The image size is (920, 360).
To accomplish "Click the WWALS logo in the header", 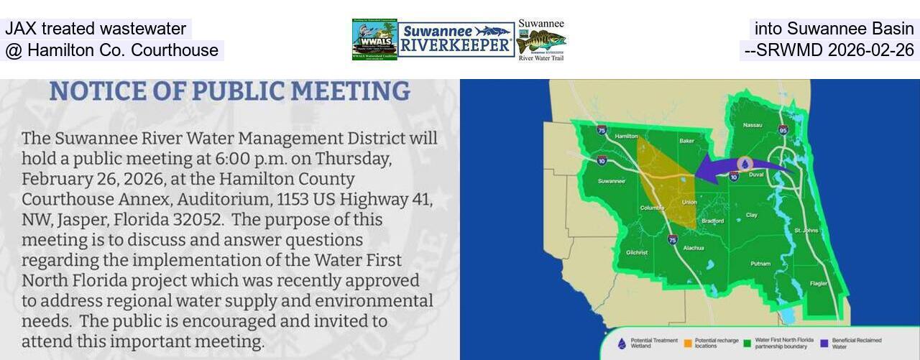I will click(x=374, y=40).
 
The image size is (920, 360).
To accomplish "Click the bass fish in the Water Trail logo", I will click(x=540, y=40).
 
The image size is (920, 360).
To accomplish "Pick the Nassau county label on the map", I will click(x=753, y=125).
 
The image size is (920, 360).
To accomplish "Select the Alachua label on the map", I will click(x=694, y=248).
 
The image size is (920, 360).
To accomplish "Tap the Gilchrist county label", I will click(x=637, y=252).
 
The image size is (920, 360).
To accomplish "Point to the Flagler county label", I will click(x=818, y=283).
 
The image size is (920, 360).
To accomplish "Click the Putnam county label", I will click(x=760, y=264).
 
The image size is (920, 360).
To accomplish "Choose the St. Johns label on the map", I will click(x=806, y=230).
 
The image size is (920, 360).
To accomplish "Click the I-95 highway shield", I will click(x=783, y=130).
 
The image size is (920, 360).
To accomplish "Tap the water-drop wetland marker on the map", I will click(x=745, y=165).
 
